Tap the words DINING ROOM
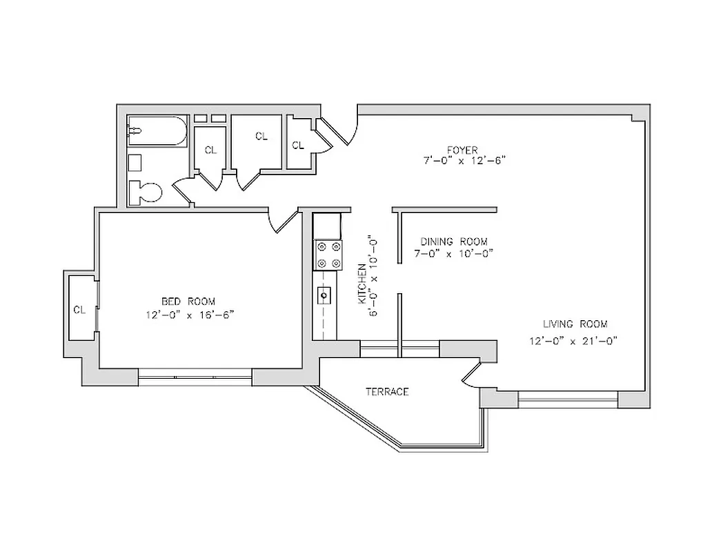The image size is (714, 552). point(454,241)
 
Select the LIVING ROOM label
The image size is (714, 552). point(575,324)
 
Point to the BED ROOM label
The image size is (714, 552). point(188,302)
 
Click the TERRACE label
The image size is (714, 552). point(387,392)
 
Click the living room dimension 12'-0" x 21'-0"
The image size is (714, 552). point(573,339)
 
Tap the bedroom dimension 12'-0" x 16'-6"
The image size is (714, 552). point(190,315)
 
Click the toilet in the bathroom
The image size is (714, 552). point(146,192)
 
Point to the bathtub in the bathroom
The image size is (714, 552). point(157,131)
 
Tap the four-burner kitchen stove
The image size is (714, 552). point(327,254)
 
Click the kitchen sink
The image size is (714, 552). point(324,295)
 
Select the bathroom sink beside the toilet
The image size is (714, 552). point(135,163)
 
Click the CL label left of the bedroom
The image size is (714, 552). point(79,310)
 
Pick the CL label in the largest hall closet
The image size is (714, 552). point(261,137)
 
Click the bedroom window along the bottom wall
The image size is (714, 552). point(195,377)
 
